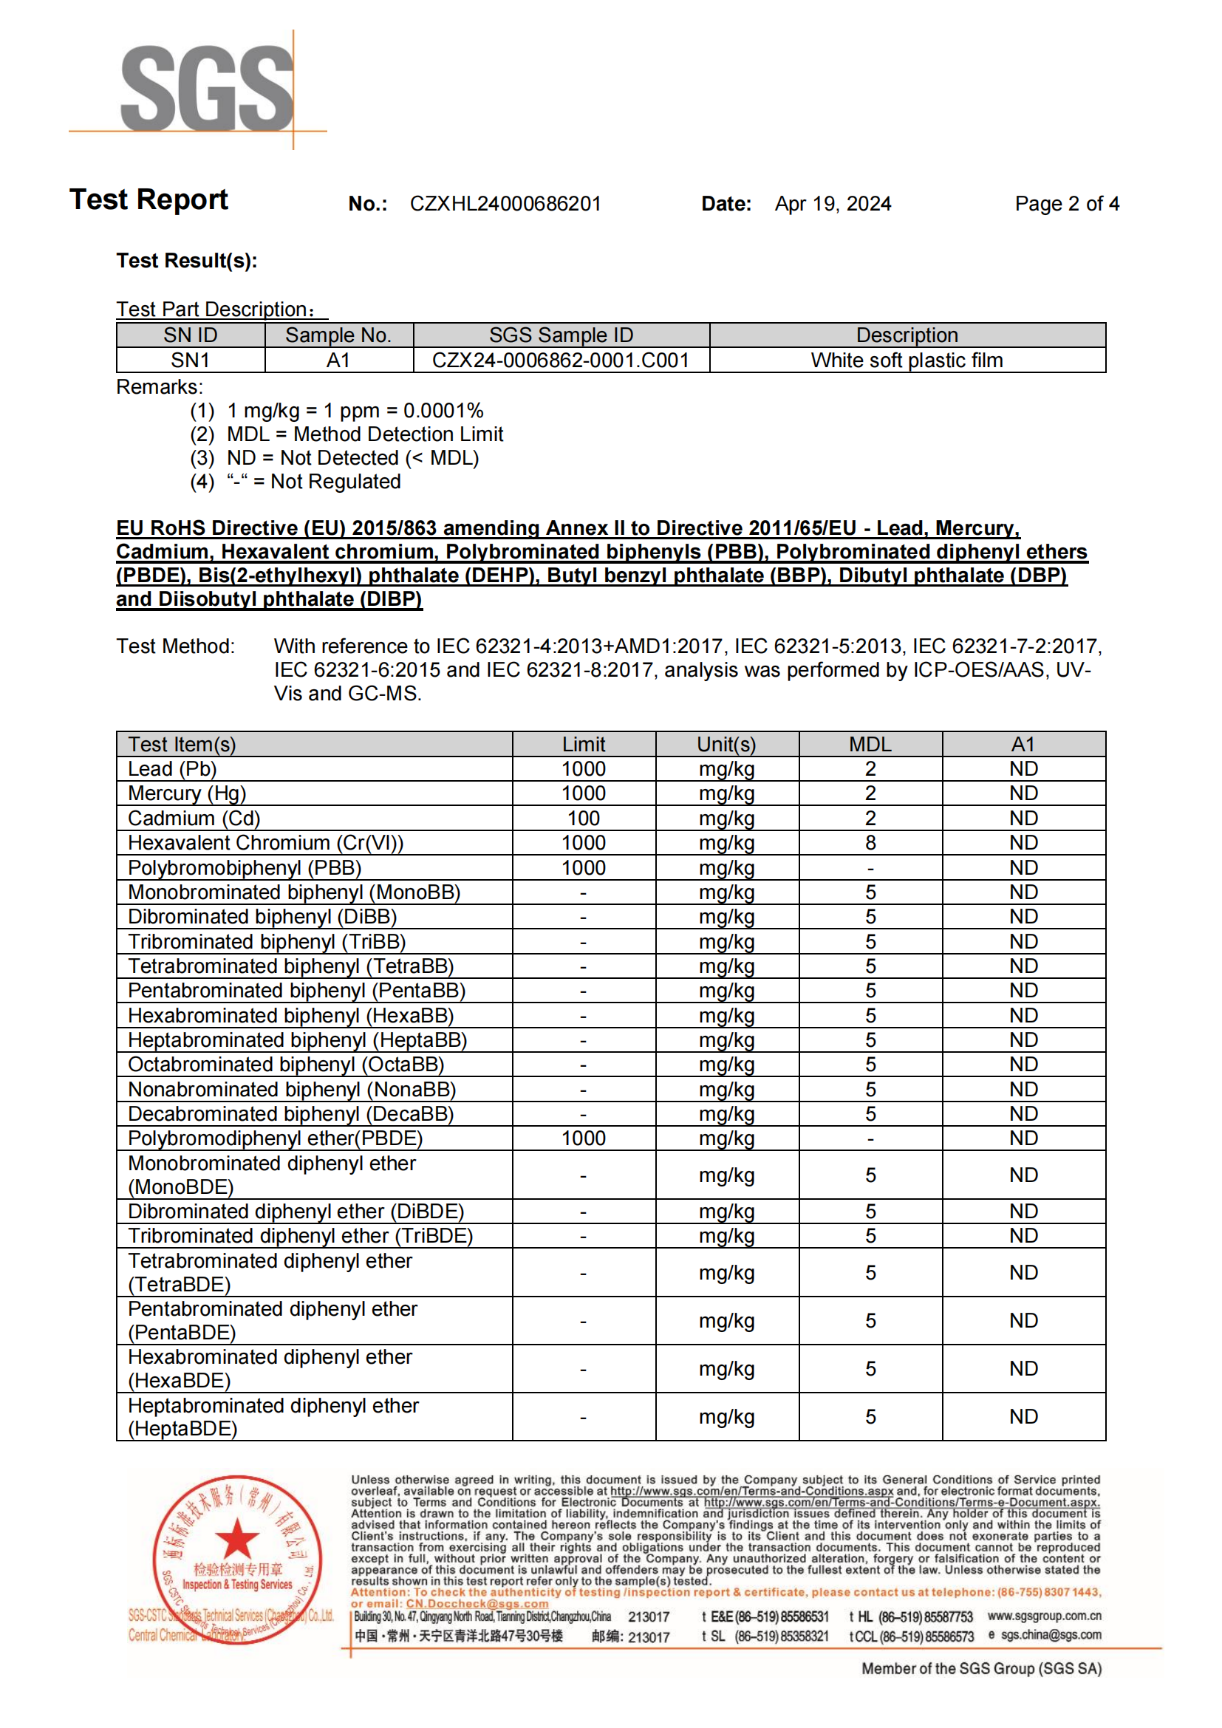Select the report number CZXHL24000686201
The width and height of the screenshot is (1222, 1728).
pyautogui.click(x=505, y=204)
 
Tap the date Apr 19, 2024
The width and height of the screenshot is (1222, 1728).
pyautogui.click(x=832, y=204)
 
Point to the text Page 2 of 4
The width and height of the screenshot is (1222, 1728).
pyautogui.click(x=1066, y=204)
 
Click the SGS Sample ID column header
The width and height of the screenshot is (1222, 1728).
pyautogui.click(x=561, y=335)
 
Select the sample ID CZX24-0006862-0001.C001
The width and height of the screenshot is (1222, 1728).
pyautogui.click(x=561, y=361)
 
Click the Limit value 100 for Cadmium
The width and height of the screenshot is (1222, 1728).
pyautogui.click(x=583, y=818)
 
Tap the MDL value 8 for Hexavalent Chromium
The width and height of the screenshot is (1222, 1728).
pyautogui.click(x=870, y=843)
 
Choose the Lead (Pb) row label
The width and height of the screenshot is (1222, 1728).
pyautogui.click(x=172, y=769)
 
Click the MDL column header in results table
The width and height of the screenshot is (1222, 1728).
pyautogui.click(x=870, y=745)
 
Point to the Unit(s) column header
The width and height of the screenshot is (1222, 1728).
pyautogui.click(x=726, y=745)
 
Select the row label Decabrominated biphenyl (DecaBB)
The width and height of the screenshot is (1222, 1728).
pyautogui.click(x=290, y=1114)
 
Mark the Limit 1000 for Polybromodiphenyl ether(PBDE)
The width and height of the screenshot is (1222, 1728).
pyautogui.click(x=583, y=1138)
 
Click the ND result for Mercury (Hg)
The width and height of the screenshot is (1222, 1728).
pyautogui.click(x=1023, y=793)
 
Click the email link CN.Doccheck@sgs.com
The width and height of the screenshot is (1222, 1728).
pyautogui.click(x=477, y=1604)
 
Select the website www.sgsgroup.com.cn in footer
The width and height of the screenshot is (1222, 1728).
pyautogui.click(x=1044, y=1616)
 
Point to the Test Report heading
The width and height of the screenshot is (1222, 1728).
pyautogui.click(x=149, y=200)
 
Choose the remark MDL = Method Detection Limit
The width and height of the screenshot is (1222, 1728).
pyautogui.click(x=365, y=434)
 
